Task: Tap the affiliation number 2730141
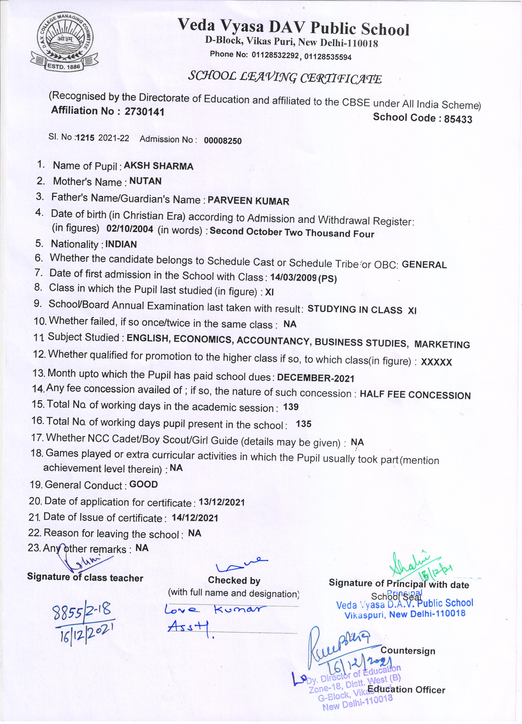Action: coord(144,112)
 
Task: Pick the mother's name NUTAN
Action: coord(145,181)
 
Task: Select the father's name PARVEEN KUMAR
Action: coord(248,201)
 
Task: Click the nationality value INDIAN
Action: coord(121,244)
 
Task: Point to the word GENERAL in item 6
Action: coord(424,265)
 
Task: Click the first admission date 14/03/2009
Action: coord(293,278)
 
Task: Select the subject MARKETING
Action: coord(442,344)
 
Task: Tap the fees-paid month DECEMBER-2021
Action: coord(316,378)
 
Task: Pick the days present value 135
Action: coord(303,424)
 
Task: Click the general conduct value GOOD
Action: coord(143,485)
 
